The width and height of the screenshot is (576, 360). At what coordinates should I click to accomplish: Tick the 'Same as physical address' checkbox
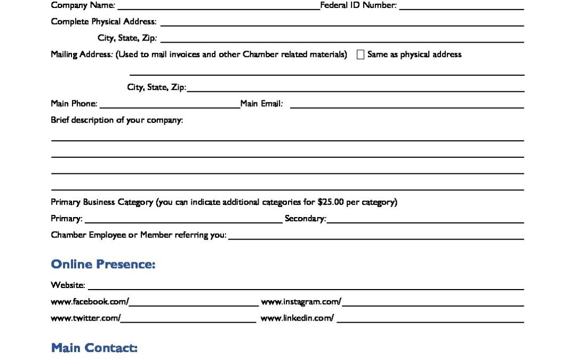pyautogui.click(x=361, y=54)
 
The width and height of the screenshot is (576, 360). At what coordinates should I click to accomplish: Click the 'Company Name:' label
pyautogui.click(x=83, y=5)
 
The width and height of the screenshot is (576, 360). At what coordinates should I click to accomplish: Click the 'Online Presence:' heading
pyautogui.click(x=103, y=264)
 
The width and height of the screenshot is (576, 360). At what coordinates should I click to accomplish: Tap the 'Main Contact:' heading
pyautogui.click(x=94, y=348)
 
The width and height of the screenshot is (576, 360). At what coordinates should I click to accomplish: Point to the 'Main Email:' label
pyautogui.click(x=261, y=103)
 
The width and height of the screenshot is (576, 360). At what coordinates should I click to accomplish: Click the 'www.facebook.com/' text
pyautogui.click(x=90, y=301)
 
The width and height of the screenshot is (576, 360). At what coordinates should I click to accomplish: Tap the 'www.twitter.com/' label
pyautogui.click(x=85, y=318)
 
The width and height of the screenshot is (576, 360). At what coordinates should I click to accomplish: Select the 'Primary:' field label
pyautogui.click(x=67, y=219)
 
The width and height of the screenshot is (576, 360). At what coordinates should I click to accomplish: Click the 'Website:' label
pyautogui.click(x=68, y=286)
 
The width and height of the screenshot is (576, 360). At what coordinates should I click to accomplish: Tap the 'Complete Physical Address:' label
pyautogui.click(x=103, y=22)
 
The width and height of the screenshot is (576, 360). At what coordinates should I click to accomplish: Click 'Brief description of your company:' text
pyautogui.click(x=117, y=120)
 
